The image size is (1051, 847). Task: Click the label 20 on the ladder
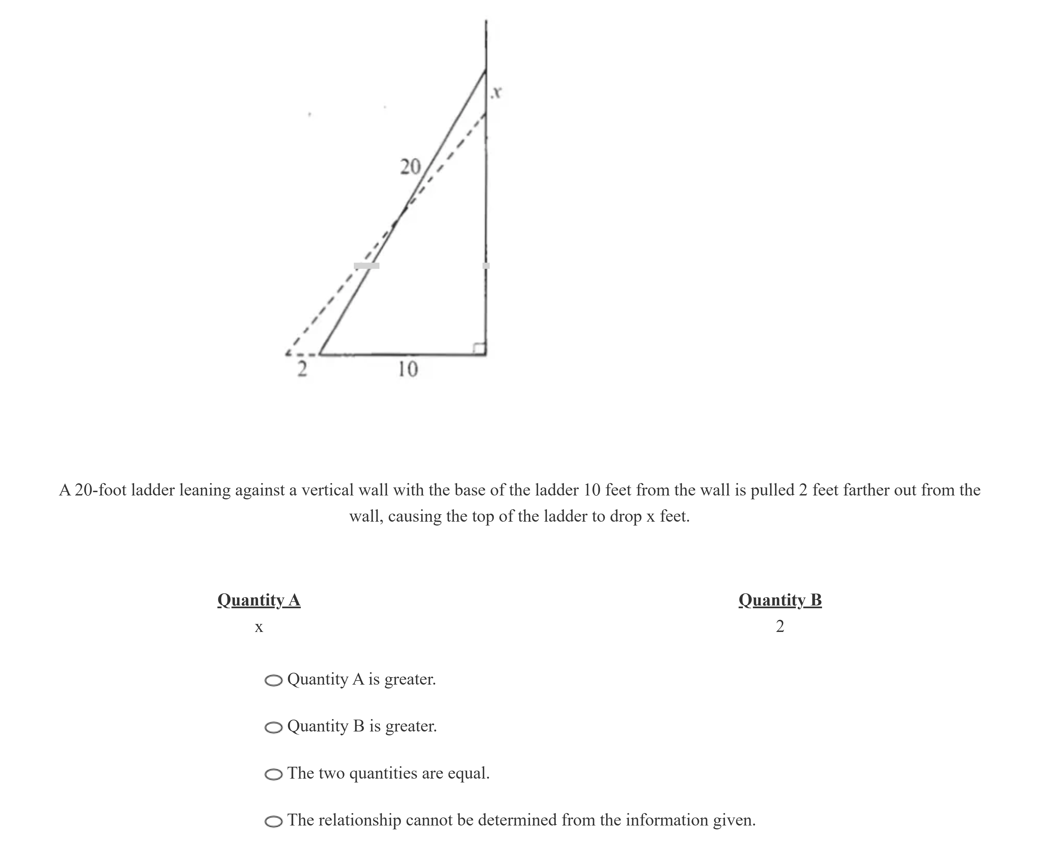410,167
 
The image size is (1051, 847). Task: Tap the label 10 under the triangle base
408,369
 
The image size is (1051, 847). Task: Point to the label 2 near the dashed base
302,369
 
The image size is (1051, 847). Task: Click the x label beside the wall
497,92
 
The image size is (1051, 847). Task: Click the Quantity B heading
780,600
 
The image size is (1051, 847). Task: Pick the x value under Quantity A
259,627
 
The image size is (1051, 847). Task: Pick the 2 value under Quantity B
780,626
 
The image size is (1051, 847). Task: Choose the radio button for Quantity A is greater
274,681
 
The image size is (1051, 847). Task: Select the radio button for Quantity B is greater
274,727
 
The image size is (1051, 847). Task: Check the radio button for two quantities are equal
274,774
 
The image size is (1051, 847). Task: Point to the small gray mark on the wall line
486,266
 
